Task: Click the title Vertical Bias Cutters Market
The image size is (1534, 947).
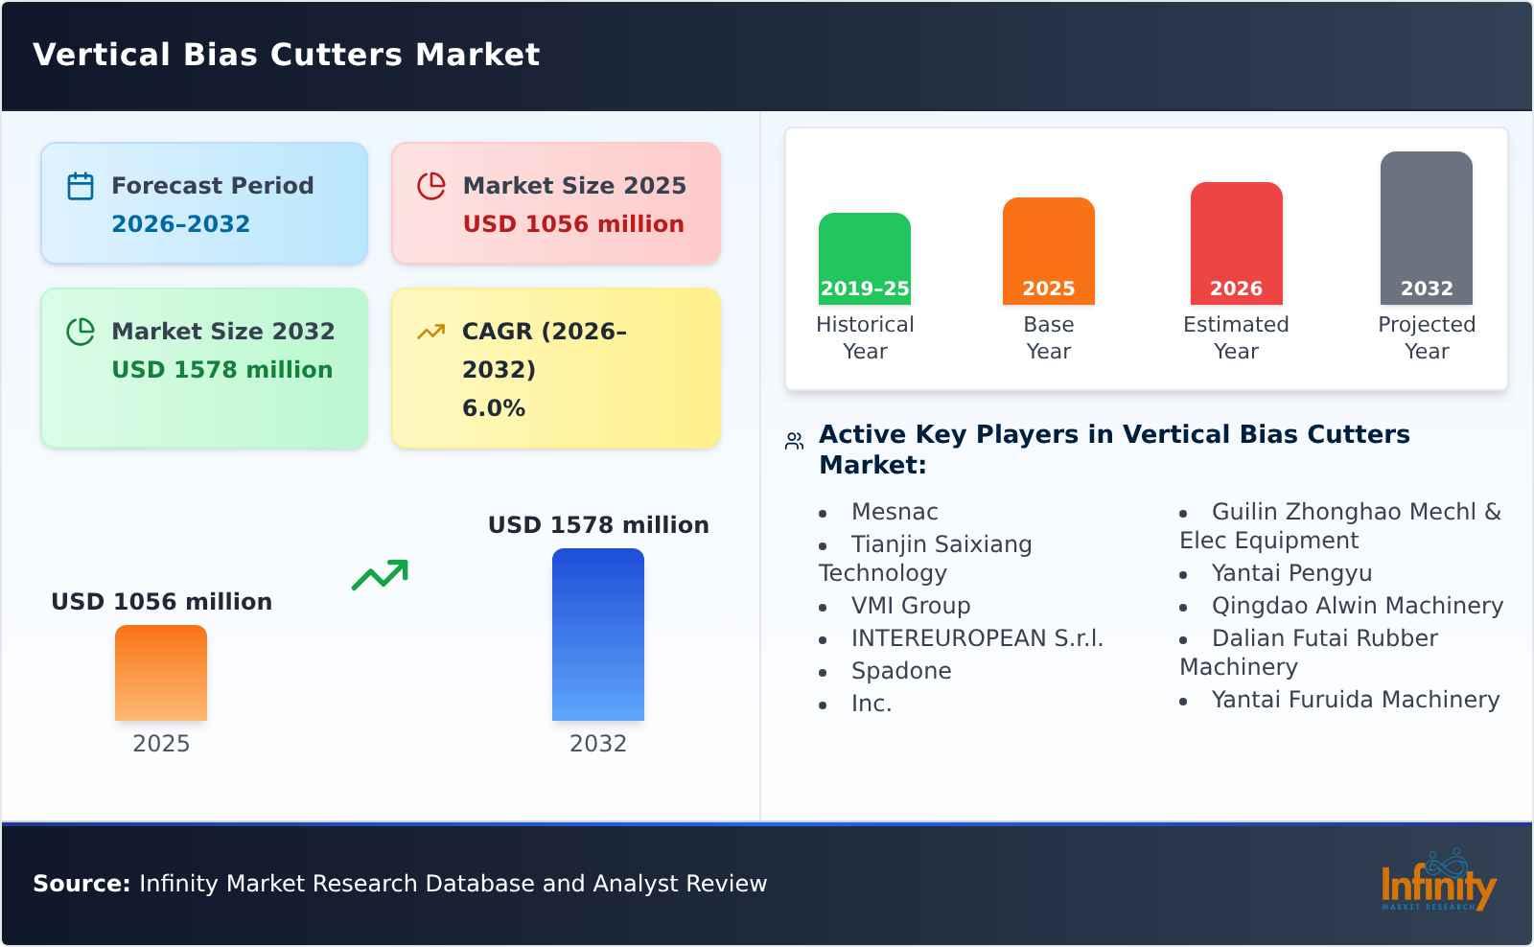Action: [286, 55]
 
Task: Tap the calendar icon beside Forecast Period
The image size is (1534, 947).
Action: [81, 186]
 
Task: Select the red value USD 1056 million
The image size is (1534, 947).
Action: [573, 224]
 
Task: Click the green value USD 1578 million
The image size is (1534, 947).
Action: [222, 370]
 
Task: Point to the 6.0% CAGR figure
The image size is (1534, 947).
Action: [494, 408]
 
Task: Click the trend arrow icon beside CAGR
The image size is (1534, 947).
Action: [430, 332]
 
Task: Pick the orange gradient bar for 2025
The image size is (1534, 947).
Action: [161, 673]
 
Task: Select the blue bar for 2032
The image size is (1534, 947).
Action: [598, 635]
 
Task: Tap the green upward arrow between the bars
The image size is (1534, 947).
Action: [380, 575]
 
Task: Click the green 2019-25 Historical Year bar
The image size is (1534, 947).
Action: [865, 259]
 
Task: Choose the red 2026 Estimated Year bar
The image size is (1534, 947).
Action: [1236, 243]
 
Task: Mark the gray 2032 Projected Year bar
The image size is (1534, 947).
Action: [1426, 228]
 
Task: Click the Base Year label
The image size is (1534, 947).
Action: [1049, 337]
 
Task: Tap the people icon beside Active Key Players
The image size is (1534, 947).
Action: [794, 441]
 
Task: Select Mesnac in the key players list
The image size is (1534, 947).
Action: [895, 512]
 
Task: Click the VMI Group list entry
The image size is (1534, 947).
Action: [911, 606]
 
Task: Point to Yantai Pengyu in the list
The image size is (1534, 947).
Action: [1291, 573]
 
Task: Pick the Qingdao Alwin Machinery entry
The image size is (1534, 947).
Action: [1357, 606]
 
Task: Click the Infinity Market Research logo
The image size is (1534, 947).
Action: [1437, 882]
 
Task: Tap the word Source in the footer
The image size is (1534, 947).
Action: [81, 884]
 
